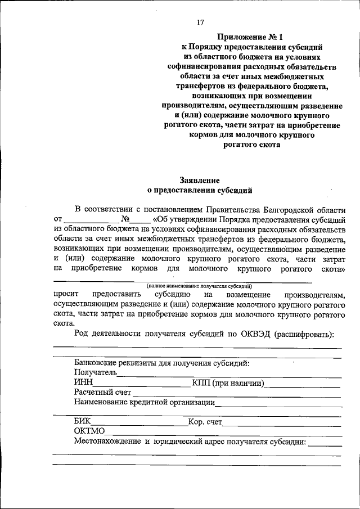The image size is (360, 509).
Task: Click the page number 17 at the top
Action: pyautogui.click(x=199, y=22)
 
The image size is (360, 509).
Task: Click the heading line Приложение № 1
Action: pyautogui.click(x=243, y=37)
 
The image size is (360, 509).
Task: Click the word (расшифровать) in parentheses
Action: pyautogui.click(x=304, y=335)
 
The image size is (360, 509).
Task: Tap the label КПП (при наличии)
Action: pyautogui.click(x=228, y=382)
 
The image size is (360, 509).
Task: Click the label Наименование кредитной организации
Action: pyautogui.click(x=144, y=402)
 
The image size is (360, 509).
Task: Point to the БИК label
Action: pyautogui.click(x=82, y=421)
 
